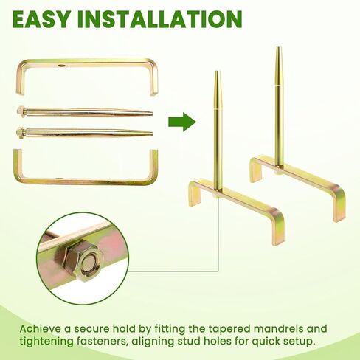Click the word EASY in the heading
coord(42,19)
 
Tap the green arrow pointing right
coord(182,122)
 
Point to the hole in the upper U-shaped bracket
coord(60,66)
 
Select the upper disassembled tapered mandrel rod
coord(85,112)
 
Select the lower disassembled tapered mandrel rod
coord(85,133)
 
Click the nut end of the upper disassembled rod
coord(21,111)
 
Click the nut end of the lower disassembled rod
coord(21,133)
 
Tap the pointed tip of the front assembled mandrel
coord(217,72)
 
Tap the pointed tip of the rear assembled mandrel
coord(277,48)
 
